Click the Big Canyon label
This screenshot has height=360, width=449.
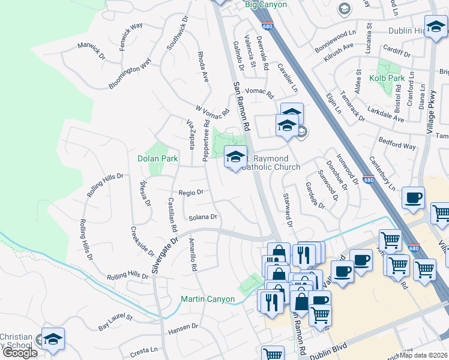click(266, 5)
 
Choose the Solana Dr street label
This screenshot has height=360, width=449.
click(202, 217)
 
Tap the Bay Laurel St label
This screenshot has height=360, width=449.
click(115, 321)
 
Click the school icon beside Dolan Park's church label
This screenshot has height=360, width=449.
click(235, 158)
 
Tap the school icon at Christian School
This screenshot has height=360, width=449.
click(53, 340)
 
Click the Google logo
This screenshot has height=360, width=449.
click(20, 353)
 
